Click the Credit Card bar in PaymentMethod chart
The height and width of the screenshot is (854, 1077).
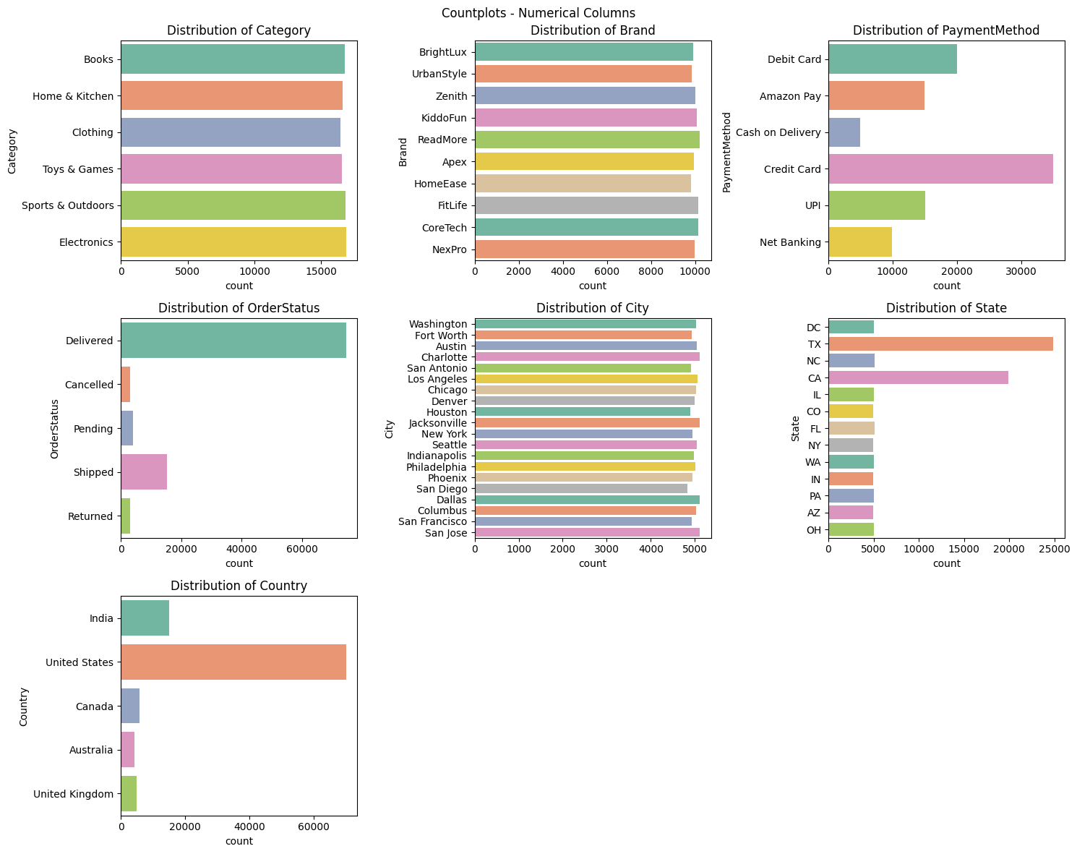[940, 169]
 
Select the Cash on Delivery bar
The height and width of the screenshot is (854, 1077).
[844, 132]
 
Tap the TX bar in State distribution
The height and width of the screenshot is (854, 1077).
[940, 344]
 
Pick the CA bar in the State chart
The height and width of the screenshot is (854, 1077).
[918, 377]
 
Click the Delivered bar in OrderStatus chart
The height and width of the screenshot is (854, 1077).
[233, 341]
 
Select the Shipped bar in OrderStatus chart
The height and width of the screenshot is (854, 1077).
[144, 472]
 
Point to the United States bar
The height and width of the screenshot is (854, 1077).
[233, 662]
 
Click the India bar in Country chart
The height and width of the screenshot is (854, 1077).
[145, 618]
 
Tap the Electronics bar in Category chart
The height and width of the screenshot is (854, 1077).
[233, 242]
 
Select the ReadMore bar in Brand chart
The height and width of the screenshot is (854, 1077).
[587, 140]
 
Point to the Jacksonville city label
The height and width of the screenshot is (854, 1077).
[438, 423]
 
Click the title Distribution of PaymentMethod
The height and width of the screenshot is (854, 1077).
[945, 30]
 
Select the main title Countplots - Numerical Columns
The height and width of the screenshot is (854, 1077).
[538, 12]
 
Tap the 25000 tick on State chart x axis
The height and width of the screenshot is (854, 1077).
[1053, 550]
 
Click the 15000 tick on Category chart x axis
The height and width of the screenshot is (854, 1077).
[321, 272]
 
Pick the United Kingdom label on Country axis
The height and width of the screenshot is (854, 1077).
[73, 794]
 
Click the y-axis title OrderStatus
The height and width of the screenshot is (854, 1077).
[54, 429]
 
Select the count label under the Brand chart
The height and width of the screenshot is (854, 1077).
[592, 286]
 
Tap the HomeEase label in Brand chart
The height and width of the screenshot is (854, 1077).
[440, 184]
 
